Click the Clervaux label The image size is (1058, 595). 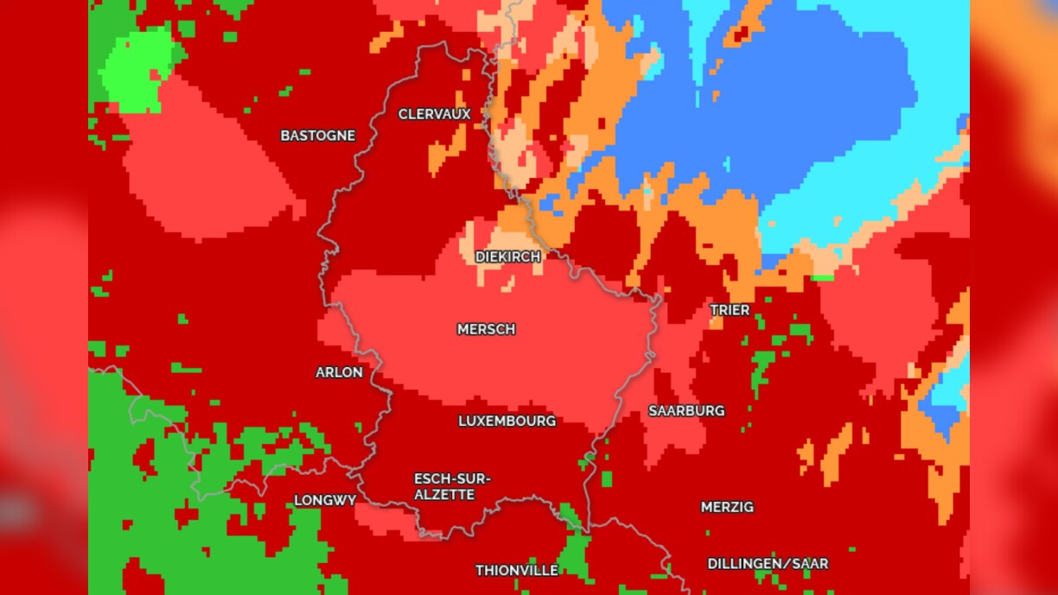434,114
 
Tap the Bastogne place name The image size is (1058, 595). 317,136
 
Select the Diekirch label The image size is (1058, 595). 507,257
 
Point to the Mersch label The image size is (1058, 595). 486,329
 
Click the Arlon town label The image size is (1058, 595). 339,372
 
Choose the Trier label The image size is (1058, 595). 730,310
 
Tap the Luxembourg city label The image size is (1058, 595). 507,421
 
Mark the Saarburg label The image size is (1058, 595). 686,411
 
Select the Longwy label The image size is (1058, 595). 325,501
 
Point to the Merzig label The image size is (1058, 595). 727,507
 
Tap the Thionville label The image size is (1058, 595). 517,571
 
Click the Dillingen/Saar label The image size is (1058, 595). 768,564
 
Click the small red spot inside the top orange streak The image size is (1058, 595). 740,35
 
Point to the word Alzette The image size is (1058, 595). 443,495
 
